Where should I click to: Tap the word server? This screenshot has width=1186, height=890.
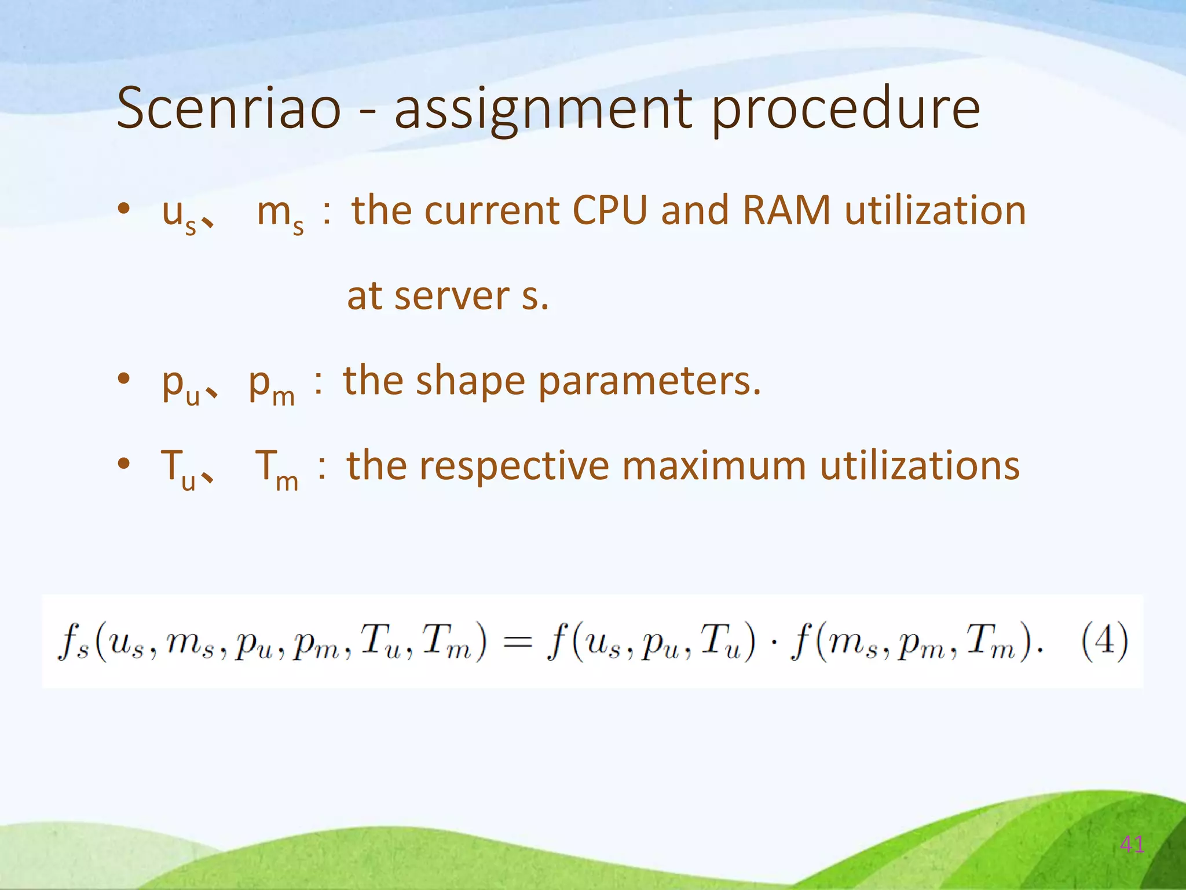click(x=453, y=297)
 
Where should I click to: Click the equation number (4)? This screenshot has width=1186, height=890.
click(x=1104, y=641)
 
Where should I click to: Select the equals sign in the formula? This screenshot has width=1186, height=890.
click(x=517, y=642)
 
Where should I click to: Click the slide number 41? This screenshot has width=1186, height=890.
click(x=1132, y=845)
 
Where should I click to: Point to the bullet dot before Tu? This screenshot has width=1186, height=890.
click(x=123, y=464)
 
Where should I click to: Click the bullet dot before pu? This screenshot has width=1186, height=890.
click(x=123, y=379)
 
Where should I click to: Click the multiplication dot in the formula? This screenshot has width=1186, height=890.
click(x=774, y=642)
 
